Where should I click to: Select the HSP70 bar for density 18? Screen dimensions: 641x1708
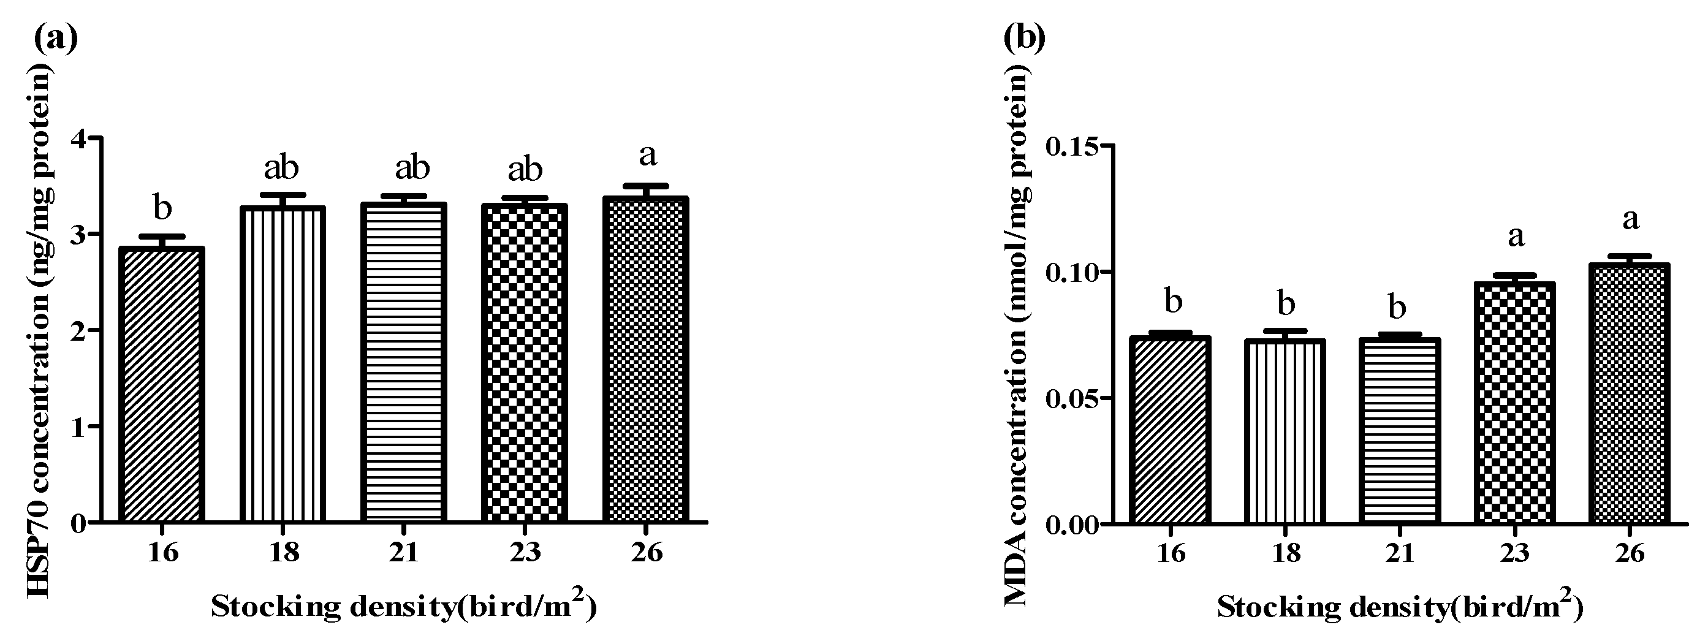click(283, 365)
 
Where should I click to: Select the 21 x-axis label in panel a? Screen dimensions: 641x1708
click(404, 551)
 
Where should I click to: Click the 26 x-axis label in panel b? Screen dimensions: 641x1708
click(1629, 552)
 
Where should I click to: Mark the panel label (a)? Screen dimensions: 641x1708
click(56, 39)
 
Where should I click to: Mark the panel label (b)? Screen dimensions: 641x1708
click(1025, 39)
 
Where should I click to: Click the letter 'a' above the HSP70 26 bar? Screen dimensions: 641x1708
click(647, 156)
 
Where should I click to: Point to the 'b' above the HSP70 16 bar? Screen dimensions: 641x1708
click(162, 208)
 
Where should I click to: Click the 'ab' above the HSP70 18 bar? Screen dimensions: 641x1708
click(282, 168)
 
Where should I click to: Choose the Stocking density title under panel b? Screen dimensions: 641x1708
click(1399, 607)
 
